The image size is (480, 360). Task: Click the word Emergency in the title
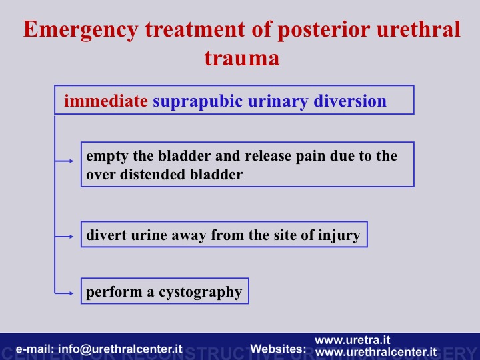tap(81, 30)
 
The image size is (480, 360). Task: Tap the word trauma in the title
tap(242, 58)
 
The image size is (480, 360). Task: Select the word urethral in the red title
tap(419, 29)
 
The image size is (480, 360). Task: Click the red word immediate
tap(106, 101)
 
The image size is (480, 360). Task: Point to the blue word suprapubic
tap(198, 101)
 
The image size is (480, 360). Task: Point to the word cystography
tap(200, 293)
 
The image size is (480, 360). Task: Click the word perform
tap(114, 293)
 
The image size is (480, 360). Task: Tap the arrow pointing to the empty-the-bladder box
tap(64, 161)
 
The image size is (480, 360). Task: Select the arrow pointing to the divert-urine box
tap(64, 236)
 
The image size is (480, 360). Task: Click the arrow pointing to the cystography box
tap(64, 293)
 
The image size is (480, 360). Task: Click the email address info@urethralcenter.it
tap(120, 349)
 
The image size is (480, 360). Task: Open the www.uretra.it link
tap(353, 340)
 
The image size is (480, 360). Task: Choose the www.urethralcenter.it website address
tap(375, 352)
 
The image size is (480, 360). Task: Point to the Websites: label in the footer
tap(278, 349)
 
